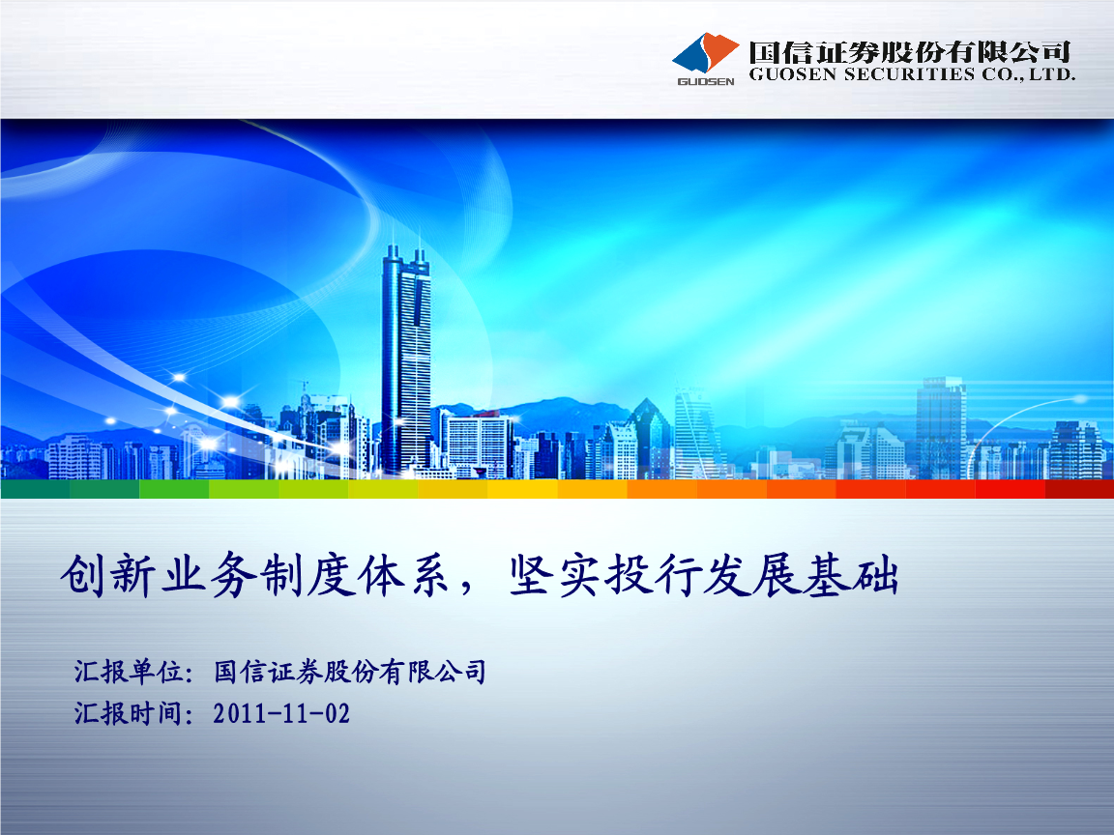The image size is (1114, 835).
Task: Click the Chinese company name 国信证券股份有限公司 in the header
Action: (910, 51)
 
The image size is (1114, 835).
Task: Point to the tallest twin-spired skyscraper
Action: (406, 358)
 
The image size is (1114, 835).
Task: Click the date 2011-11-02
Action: (281, 714)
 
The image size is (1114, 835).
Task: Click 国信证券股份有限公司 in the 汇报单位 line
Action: (349, 672)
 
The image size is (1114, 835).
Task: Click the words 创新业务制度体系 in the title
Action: (252, 577)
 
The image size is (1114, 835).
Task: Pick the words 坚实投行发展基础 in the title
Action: (705, 577)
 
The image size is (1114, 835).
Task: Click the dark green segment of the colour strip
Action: (35, 489)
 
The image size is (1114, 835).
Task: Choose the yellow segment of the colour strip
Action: (522, 489)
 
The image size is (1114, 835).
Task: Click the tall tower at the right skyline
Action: (940, 425)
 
